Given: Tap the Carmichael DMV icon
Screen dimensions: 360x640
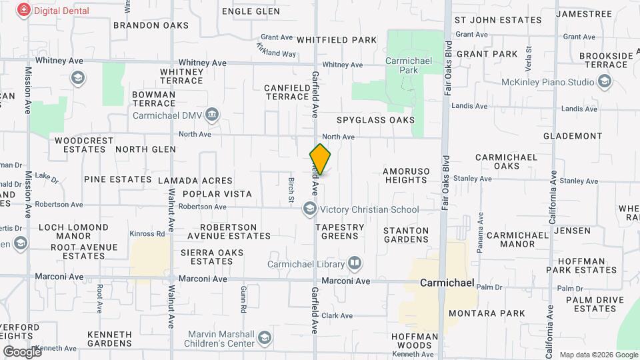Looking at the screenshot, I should (212, 114).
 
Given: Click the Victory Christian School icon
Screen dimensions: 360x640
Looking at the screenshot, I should (309, 209).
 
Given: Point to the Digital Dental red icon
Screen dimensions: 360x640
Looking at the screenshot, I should (24, 10).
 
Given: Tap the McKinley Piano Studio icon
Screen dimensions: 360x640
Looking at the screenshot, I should (605, 82).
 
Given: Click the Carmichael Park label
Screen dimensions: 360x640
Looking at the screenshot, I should (403, 65).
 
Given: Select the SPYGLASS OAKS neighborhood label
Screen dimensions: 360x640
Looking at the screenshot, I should (375, 120).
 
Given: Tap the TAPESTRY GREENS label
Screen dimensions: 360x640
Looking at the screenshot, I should (339, 231).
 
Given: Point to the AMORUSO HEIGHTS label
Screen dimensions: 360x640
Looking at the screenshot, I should (406, 176).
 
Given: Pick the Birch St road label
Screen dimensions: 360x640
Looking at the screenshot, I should (291, 189).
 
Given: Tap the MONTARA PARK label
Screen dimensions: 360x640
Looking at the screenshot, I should (487, 313).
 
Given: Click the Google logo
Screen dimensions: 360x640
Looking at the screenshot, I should (21, 351).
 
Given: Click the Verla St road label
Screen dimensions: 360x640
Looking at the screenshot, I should (529, 58).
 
